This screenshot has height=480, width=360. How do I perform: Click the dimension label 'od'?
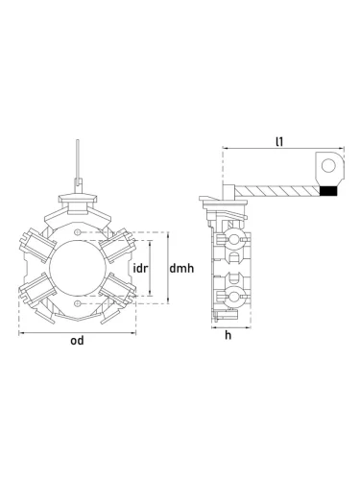[77, 341]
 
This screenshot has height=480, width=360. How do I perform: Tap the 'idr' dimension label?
[140, 268]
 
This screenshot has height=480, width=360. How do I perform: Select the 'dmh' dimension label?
[181, 268]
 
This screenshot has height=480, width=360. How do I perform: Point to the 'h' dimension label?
[228, 335]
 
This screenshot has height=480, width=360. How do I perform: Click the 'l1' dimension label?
[279, 141]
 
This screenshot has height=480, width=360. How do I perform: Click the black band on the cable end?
[328, 191]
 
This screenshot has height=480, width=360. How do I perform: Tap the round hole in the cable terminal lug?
[328, 166]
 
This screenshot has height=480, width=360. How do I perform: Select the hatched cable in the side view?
[277, 191]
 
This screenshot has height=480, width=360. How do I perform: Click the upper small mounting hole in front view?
[77, 232]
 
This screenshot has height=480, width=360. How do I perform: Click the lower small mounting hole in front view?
[77, 303]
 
